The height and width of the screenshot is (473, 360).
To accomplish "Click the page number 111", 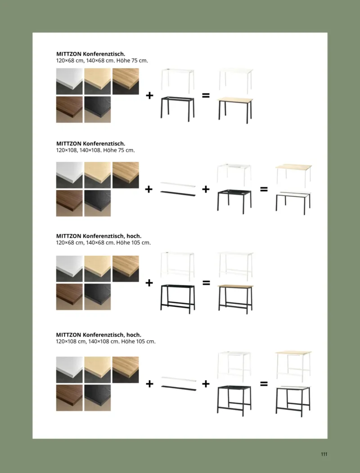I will pos(324,454).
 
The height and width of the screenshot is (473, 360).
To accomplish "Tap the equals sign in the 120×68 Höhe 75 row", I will pos(206,95).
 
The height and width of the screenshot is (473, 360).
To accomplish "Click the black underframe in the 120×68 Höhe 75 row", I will pos(178,108).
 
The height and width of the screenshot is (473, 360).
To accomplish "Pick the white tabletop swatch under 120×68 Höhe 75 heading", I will pos(69,81).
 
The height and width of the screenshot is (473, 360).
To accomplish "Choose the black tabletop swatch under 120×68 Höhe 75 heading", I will pos(97,109).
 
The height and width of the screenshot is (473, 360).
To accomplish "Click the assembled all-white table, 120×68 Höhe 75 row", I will pos(236,81).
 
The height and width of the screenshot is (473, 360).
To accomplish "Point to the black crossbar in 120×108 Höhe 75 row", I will pos(178,194).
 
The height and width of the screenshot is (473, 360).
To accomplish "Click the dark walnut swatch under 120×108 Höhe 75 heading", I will pos(69,203).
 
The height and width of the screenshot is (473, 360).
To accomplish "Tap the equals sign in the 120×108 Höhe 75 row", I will pos(264,189).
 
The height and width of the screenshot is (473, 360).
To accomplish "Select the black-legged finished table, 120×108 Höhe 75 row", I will pos(293,202).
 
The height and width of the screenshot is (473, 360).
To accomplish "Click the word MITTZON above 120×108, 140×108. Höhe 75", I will pos(69,144).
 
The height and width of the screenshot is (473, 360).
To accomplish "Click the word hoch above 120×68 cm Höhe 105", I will pos(134,236).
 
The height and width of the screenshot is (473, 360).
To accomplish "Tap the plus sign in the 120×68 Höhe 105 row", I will pos(149,283).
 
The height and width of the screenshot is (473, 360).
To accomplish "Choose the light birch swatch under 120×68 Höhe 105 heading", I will pos(97,269).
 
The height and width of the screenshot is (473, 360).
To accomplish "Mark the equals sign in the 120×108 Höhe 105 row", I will pos(264,384).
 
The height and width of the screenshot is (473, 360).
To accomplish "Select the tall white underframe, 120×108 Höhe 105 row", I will pos(234,365).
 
